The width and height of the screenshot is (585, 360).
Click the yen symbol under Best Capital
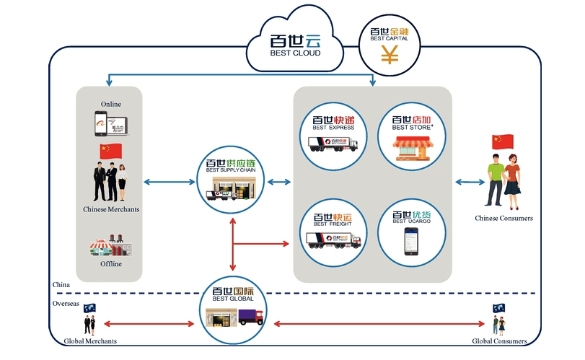coord(390,55)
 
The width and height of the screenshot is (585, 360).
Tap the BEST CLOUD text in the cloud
coord(295,53)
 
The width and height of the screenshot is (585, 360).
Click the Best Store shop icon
coord(411,149)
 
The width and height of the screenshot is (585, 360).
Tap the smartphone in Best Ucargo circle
coord(410,240)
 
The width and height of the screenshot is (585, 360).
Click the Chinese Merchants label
coord(111,210)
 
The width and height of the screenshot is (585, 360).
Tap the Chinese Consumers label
coord(503,218)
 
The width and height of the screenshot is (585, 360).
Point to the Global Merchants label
coord(90,341)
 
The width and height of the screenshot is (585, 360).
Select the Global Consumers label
coord(499,341)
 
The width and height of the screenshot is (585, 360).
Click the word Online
coord(111,104)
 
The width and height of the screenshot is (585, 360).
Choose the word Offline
coord(111,264)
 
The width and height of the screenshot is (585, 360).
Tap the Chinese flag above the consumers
coord(502,141)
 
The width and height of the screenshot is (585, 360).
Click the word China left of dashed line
coord(61,285)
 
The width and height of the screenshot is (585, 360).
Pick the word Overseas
coord(66,304)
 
